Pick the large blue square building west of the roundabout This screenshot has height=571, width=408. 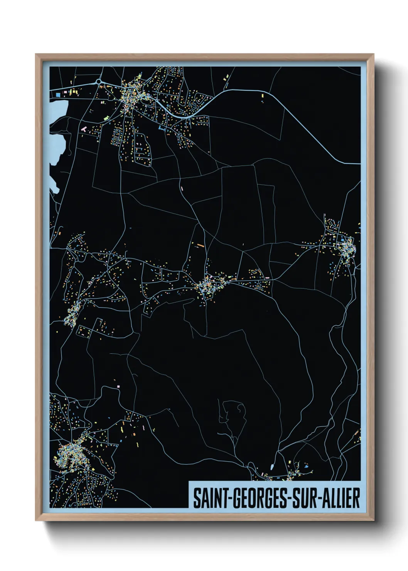[58, 94]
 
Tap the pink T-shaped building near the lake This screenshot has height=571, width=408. [84, 128]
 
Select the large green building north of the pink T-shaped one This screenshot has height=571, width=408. [106, 117]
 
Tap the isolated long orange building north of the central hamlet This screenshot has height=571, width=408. [200, 245]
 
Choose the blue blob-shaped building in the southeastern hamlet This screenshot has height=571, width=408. [307, 466]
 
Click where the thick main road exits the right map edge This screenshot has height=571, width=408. [359, 164]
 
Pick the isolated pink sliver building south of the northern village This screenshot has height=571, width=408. [181, 188]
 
